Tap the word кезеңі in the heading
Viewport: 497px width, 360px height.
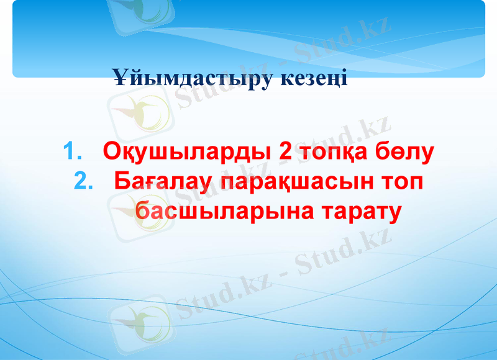[311, 79]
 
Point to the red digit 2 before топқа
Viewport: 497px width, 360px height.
[286, 152]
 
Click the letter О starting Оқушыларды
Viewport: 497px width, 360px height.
[112, 152]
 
